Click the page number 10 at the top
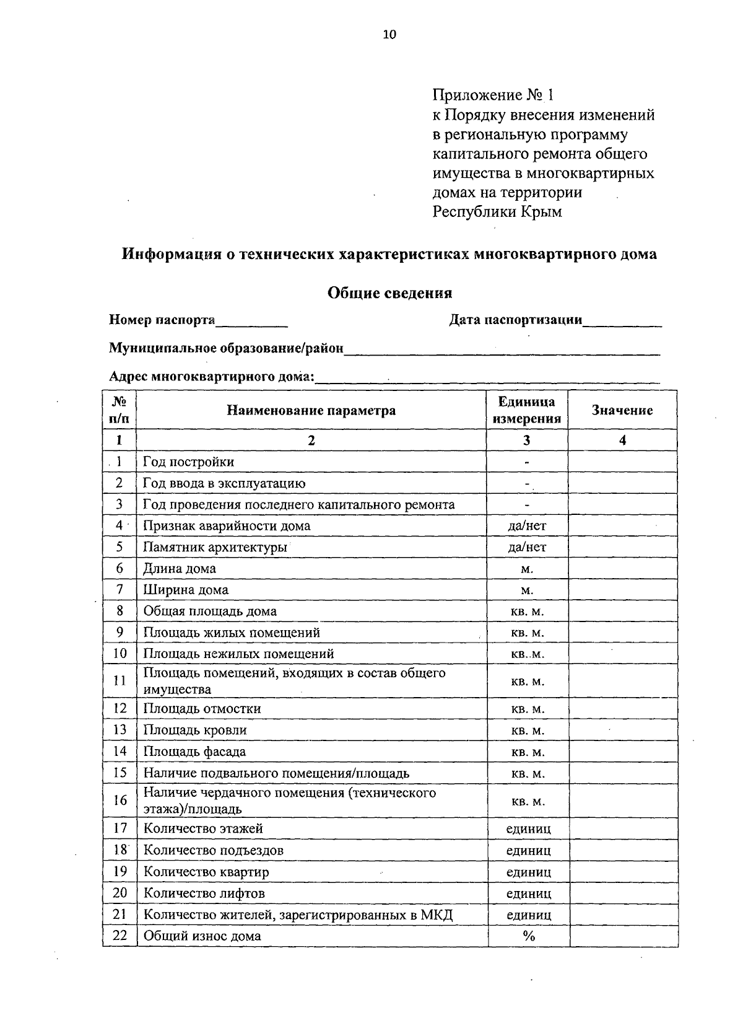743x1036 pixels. (x=389, y=35)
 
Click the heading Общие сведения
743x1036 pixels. (x=389, y=292)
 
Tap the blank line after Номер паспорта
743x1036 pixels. (x=251, y=321)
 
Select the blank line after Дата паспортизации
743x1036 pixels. (x=622, y=321)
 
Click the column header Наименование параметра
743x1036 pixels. (x=311, y=410)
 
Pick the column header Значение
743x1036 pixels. (x=622, y=410)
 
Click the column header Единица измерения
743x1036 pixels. (x=527, y=410)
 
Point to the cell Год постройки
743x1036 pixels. (x=189, y=462)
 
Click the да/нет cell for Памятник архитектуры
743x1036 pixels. (x=527, y=547)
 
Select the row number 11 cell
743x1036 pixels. (x=119, y=680)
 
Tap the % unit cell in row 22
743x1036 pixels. (x=528, y=936)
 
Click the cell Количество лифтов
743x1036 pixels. (x=204, y=893)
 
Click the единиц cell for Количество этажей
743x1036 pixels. (x=528, y=829)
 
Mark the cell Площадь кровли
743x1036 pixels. (x=195, y=730)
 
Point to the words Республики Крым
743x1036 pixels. (x=497, y=212)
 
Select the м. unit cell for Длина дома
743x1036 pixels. (x=527, y=569)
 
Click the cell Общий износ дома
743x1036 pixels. (x=202, y=936)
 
